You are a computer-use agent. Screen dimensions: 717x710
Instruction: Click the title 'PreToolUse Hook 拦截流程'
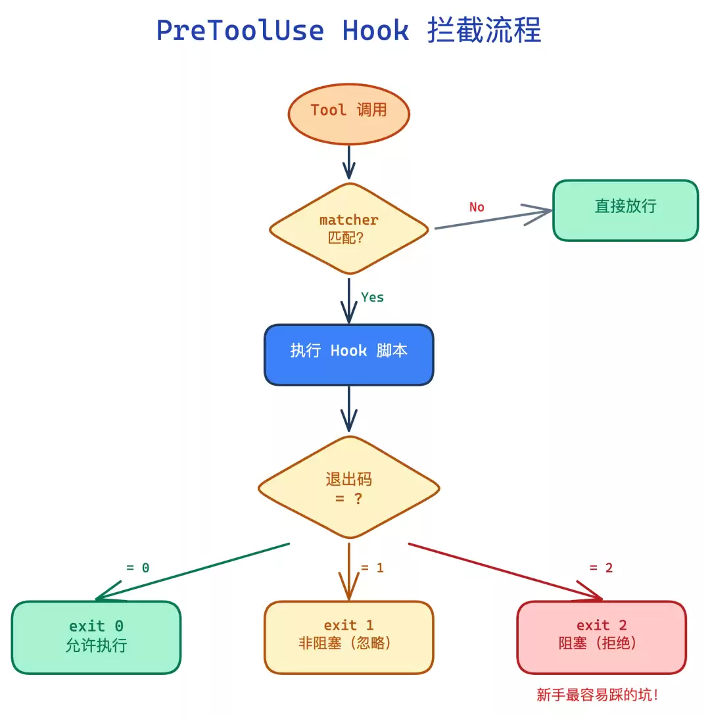[x=348, y=31]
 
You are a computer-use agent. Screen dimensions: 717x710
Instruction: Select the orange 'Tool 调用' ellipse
[x=348, y=113]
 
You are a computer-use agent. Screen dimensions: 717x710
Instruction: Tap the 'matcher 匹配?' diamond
[x=348, y=228]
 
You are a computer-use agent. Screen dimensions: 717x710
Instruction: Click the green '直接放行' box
[x=625, y=210]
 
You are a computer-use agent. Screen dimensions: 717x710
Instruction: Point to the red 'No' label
[x=477, y=207]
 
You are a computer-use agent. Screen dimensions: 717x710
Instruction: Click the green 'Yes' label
[x=372, y=298]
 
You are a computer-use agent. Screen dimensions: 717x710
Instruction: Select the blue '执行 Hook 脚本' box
[x=348, y=354]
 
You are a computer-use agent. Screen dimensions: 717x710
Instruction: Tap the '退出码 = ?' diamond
[x=348, y=488]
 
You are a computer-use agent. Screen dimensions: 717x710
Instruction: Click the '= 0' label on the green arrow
[x=137, y=568]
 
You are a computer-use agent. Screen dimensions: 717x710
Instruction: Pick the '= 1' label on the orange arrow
[x=372, y=568]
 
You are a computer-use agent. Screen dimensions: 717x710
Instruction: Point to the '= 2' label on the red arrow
[x=601, y=568]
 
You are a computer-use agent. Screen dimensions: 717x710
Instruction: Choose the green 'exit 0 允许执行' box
[x=96, y=637]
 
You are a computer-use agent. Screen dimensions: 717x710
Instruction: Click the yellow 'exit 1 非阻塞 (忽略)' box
[x=348, y=637]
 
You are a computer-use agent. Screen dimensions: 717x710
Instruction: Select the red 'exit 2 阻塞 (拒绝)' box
[x=601, y=637]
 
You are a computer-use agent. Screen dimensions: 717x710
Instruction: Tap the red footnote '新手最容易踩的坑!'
[x=597, y=695]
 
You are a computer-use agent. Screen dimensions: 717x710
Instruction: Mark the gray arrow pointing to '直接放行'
[x=493, y=219]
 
